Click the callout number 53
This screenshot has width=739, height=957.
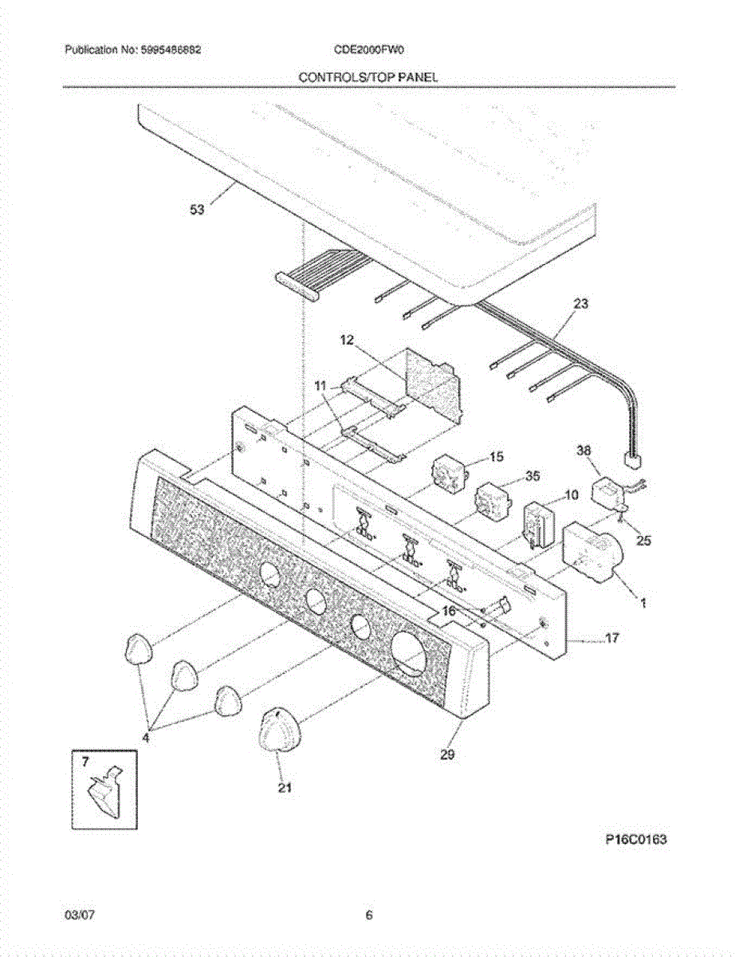pyautogui.click(x=196, y=209)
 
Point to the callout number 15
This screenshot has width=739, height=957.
pyautogui.click(x=496, y=457)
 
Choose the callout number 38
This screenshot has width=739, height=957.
pyautogui.click(x=584, y=451)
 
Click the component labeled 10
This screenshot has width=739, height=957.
pyautogui.click(x=540, y=524)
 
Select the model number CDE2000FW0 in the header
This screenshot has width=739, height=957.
pyautogui.click(x=371, y=49)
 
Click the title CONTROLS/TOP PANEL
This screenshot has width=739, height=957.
pyautogui.click(x=368, y=77)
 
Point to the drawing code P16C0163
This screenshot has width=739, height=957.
pyautogui.click(x=634, y=839)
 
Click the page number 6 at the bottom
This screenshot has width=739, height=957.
pyautogui.click(x=369, y=915)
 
